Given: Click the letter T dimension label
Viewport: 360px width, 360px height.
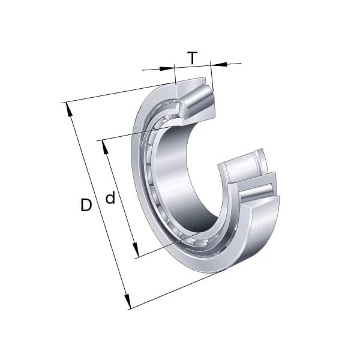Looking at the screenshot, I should click(192, 58).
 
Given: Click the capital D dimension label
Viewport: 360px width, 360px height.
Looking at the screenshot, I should click(86, 205).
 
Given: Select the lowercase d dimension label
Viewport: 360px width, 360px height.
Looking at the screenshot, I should click(110, 198).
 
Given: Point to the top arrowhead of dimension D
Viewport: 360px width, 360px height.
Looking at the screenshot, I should click(68, 109).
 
